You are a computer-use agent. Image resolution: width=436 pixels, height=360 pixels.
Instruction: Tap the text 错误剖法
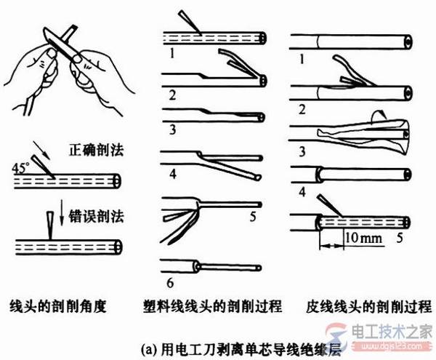(86, 214)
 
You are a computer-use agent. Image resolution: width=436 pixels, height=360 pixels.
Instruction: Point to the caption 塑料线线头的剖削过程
(214, 305)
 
